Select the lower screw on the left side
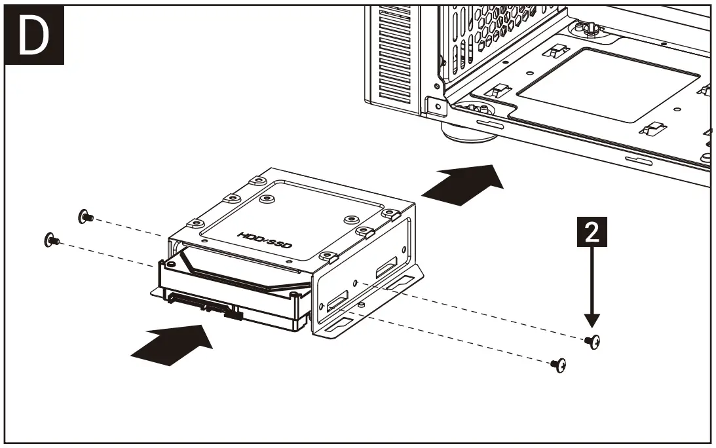coord(50,240)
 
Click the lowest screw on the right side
coord(559,365)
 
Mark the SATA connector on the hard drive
coord(197,303)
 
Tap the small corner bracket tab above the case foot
coord(434,105)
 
